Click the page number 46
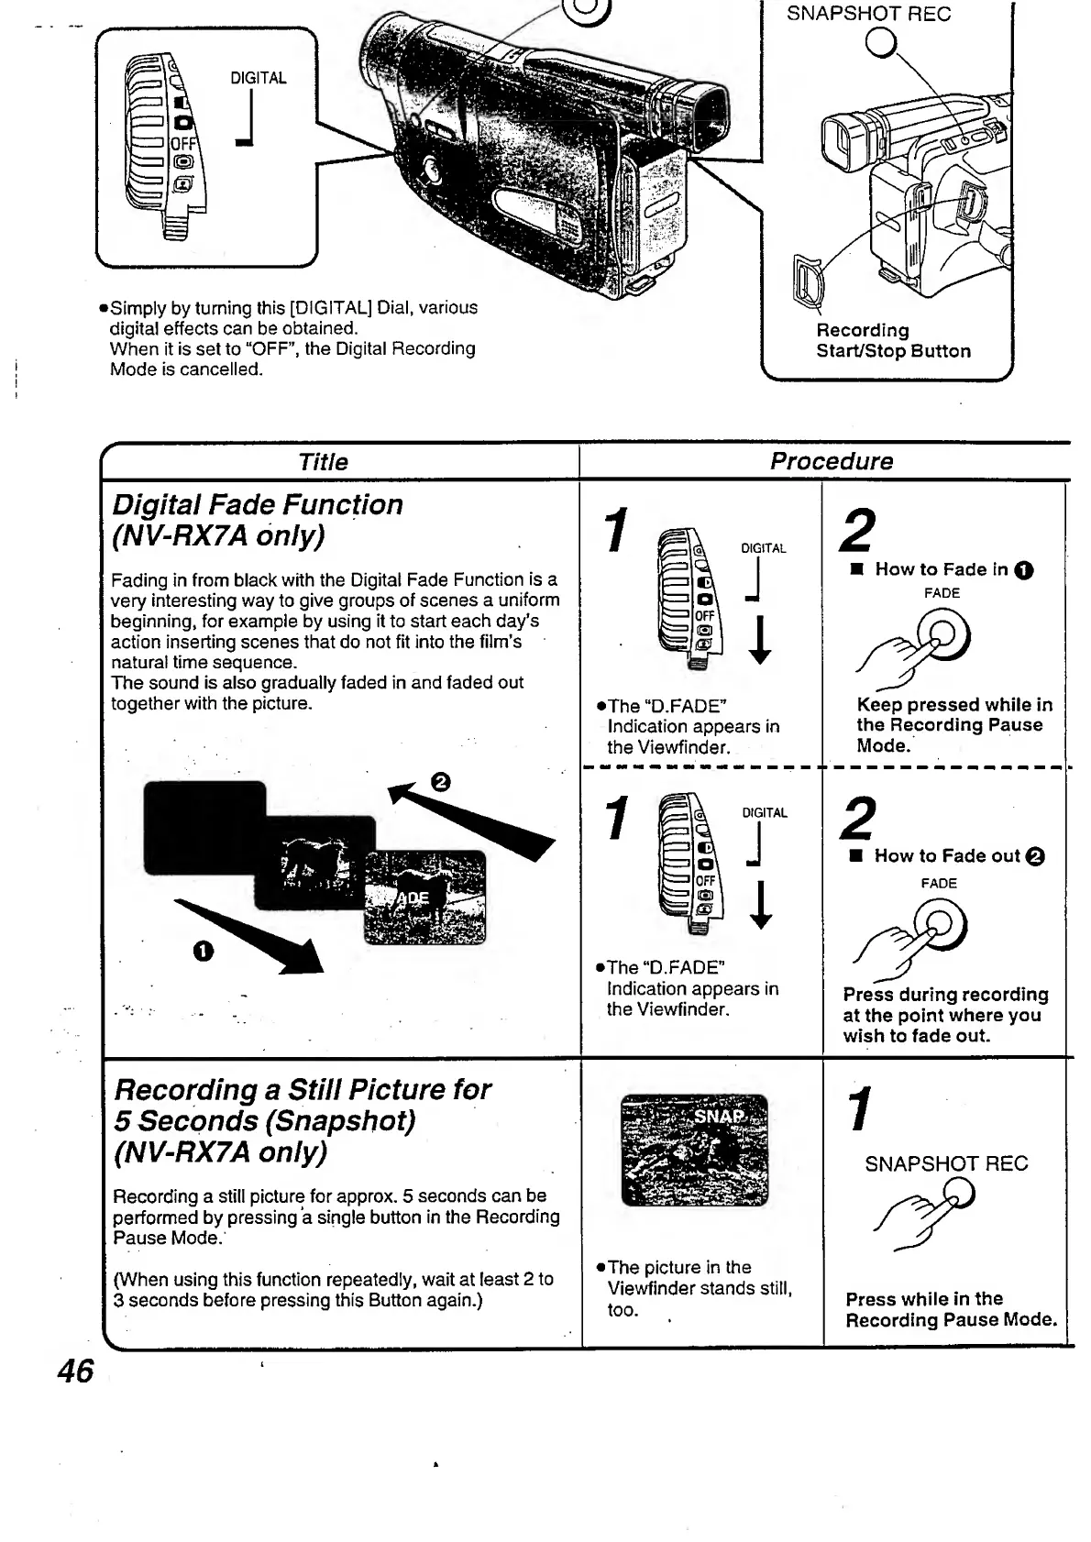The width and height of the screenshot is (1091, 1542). point(75,1371)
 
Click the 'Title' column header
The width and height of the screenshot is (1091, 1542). point(323,462)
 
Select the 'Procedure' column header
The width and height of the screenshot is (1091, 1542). point(831,461)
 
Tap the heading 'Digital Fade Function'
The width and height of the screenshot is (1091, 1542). point(257,505)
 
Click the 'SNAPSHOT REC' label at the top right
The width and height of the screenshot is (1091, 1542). point(868,14)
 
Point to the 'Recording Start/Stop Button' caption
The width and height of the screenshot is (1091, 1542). point(893,341)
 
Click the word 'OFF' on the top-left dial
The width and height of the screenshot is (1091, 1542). point(183,142)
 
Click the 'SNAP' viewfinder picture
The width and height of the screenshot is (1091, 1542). point(695,1150)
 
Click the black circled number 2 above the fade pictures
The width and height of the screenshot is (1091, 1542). point(440,782)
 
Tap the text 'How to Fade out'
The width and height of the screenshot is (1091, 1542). point(947,856)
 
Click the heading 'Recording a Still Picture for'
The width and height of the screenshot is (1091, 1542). point(303,1090)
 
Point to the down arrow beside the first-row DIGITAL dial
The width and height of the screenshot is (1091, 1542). point(760,639)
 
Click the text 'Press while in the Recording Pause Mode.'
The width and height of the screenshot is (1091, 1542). point(951,1310)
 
